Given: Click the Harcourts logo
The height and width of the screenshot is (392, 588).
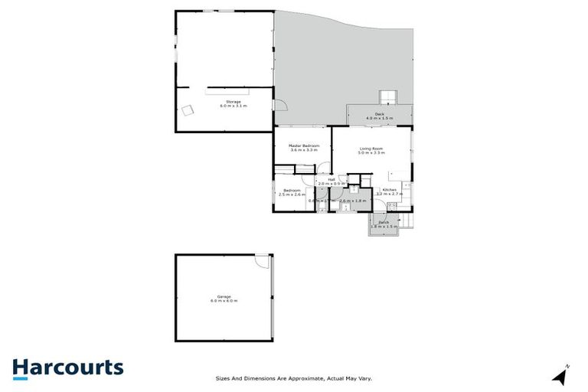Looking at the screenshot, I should pos(67,367).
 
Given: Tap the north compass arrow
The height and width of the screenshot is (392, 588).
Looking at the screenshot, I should pos(561,375).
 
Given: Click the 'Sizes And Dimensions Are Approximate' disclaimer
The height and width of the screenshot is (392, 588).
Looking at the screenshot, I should pos(292,377).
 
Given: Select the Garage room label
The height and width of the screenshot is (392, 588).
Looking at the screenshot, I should pos(224,296).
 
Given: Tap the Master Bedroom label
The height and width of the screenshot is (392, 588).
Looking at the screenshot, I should pos(303,145).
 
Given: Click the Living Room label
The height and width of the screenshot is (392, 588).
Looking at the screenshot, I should pos(371,149).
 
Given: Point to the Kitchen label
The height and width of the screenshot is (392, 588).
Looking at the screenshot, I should pos(390,189).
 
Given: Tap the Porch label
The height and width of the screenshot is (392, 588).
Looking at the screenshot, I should pos(383,222).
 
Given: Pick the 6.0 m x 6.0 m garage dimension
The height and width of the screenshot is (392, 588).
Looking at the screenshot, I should pos(224,301).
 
